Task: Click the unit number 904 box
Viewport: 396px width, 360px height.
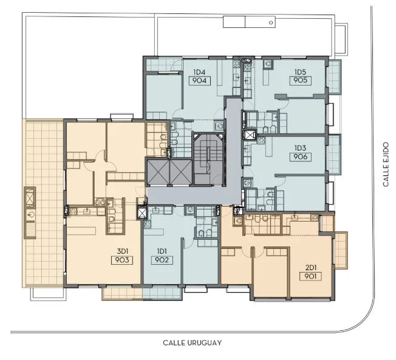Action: [x=199, y=81]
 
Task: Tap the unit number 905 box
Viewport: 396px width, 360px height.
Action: [x=300, y=80]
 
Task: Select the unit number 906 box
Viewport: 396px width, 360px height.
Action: [x=300, y=157]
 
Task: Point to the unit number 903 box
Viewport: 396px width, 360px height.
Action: [x=122, y=260]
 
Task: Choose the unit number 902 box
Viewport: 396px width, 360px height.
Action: [x=162, y=260]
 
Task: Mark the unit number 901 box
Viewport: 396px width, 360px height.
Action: [x=310, y=276]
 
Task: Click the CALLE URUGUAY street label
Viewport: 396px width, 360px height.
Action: [x=192, y=342]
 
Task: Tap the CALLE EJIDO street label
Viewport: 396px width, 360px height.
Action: [x=386, y=165]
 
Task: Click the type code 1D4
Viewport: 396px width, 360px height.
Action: [x=199, y=72]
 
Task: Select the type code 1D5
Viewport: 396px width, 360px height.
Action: [x=300, y=72]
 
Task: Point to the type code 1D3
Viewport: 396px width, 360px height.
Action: [x=300, y=148]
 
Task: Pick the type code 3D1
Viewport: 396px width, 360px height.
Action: [x=123, y=251]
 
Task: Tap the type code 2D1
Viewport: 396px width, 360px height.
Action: [x=311, y=268]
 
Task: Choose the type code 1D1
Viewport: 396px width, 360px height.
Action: [x=162, y=251]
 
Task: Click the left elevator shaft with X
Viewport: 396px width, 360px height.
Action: [x=158, y=172]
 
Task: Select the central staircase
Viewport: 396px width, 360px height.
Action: [x=208, y=159]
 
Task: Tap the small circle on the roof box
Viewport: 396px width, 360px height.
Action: [x=271, y=22]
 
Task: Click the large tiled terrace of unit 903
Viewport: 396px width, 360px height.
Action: [x=44, y=203]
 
